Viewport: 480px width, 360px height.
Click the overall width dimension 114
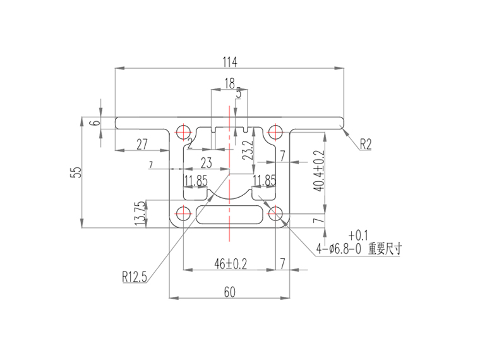[x=229, y=62]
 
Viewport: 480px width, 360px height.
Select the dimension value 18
[x=229, y=83]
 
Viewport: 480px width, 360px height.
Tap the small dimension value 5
[x=238, y=93]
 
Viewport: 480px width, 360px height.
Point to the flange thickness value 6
[x=95, y=123]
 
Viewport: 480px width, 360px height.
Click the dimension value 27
[x=142, y=144]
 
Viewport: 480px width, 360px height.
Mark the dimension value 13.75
[x=140, y=213]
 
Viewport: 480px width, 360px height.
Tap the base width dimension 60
[x=229, y=291]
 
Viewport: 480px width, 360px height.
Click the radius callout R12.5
[x=135, y=276]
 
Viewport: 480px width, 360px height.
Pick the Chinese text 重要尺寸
[x=385, y=249]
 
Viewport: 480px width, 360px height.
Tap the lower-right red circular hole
[x=275, y=213]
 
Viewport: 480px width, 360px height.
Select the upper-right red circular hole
[x=275, y=132]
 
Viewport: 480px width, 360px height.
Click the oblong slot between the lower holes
[x=229, y=213]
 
